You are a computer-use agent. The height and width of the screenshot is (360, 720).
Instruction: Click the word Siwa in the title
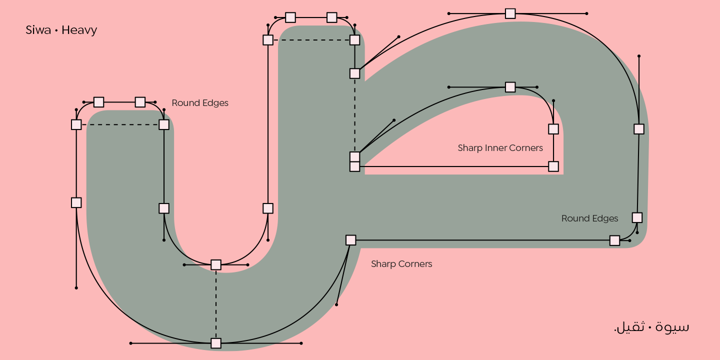(x=38, y=30)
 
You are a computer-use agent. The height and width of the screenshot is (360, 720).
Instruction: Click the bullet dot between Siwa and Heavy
(x=56, y=30)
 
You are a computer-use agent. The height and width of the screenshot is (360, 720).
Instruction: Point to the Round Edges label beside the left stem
(x=200, y=103)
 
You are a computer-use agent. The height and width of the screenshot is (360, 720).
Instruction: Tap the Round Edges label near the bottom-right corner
(x=589, y=218)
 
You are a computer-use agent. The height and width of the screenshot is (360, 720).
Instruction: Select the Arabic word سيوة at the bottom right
(x=673, y=327)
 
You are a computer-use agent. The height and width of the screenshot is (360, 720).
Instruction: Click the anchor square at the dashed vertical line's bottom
(x=216, y=343)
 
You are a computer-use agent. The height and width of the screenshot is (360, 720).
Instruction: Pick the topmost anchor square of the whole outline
(x=510, y=13)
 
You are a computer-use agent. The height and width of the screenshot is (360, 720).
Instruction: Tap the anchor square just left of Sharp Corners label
(x=351, y=240)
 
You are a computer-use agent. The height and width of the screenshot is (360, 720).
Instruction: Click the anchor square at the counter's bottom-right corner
(x=553, y=166)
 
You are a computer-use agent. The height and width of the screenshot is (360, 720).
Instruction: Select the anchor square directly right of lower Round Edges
(x=637, y=217)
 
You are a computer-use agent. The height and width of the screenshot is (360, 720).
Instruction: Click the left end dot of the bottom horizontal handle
(x=131, y=343)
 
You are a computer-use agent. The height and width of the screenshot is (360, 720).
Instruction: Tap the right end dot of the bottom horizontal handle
(x=301, y=343)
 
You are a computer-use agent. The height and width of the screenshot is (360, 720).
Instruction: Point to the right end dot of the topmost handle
(x=586, y=13)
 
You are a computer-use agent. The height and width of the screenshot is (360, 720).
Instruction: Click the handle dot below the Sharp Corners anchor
(x=336, y=304)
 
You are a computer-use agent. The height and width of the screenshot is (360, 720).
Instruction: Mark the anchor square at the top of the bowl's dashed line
(x=216, y=264)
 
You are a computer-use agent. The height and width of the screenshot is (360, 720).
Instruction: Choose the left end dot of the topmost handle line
(x=449, y=13)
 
